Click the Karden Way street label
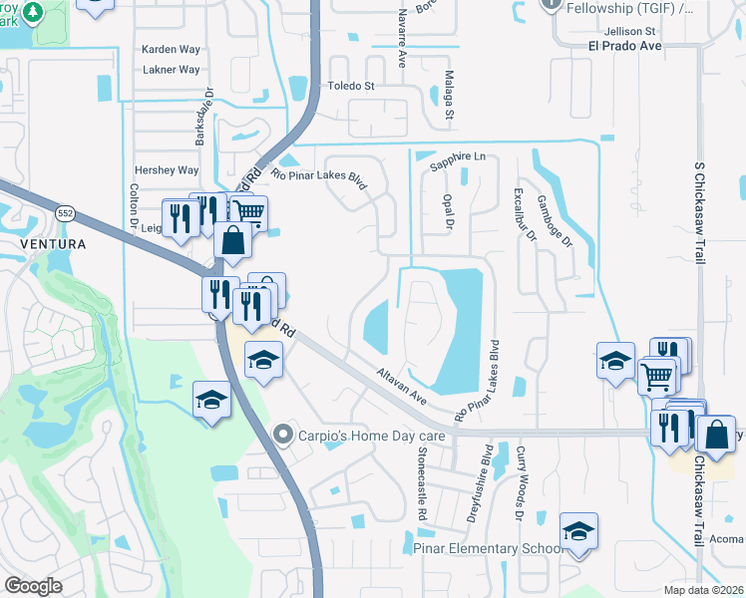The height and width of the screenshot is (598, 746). [171, 49]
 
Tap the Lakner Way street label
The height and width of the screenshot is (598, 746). [171, 70]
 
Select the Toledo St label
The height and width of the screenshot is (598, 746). [351, 86]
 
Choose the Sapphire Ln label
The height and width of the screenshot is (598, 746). [457, 156]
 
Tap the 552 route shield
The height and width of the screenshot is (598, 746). [66, 213]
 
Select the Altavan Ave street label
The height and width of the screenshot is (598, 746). [402, 385]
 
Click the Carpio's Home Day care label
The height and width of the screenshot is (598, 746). [350, 434]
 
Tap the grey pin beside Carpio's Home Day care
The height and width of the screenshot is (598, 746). [283, 434]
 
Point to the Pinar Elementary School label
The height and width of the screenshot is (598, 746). [486, 549]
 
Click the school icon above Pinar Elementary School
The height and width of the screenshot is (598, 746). [577, 533]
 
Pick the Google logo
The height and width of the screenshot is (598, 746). [33, 586]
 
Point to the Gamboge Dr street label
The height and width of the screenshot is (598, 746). [556, 219]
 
